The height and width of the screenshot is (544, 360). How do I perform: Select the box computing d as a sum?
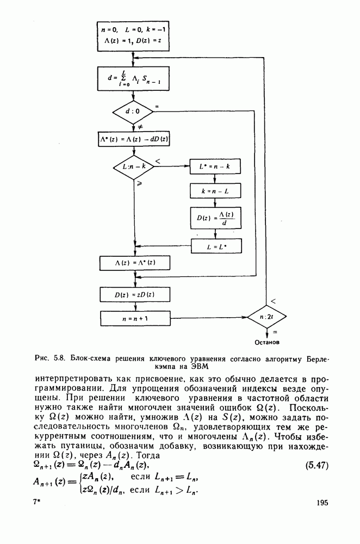click(x=133, y=79)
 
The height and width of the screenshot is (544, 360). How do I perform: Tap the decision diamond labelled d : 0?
click(x=133, y=112)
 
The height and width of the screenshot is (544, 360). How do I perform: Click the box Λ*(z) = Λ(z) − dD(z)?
click(x=133, y=138)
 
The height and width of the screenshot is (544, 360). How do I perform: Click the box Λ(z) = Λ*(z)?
click(x=133, y=262)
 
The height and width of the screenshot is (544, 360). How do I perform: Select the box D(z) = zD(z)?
click(x=133, y=294)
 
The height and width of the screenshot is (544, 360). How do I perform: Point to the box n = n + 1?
click(x=133, y=317)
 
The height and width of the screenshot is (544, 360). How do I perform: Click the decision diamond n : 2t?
click(x=266, y=316)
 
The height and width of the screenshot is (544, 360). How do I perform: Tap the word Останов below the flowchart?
click(x=267, y=343)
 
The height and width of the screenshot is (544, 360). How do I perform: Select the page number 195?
click(x=321, y=503)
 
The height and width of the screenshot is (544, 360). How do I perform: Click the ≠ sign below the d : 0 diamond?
click(x=140, y=126)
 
